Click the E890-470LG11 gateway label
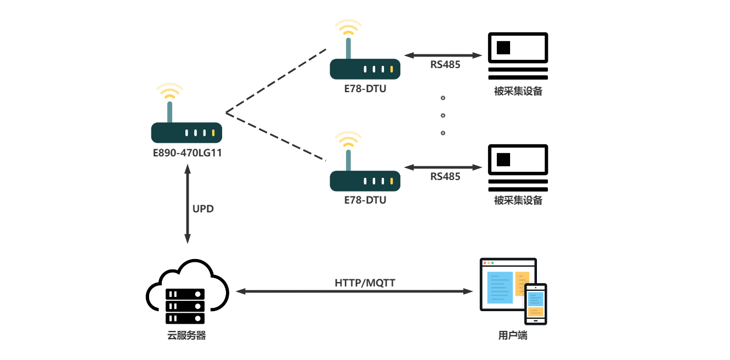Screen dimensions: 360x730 coord(186,153)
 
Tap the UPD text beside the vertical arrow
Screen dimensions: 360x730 coord(203,209)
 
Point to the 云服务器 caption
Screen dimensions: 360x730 coord(186,335)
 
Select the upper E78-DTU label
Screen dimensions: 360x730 coord(365,88)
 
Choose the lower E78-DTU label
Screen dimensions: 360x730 coord(365,200)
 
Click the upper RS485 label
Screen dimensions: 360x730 coord(445,65)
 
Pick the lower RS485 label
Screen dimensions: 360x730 coord(445,176)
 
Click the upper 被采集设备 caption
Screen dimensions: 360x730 coord(518,91)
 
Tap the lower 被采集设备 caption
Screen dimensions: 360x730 coord(518,200)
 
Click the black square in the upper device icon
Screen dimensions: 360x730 coord(503,48)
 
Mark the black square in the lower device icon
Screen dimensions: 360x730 coord(503,159)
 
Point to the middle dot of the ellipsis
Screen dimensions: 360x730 coord(443,115)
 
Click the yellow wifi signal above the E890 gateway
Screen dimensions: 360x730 coord(169,91)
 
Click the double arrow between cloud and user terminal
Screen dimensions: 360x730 coord(354,292)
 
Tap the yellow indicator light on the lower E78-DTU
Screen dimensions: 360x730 coord(392,181)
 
